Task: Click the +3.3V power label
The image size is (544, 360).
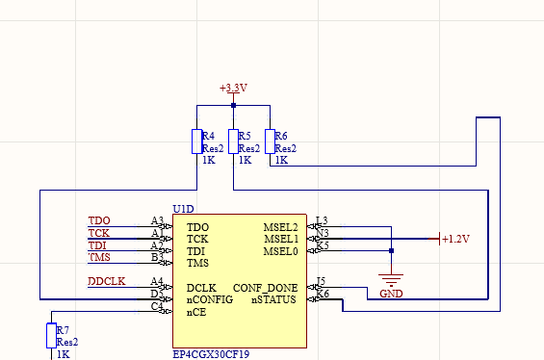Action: click(233, 88)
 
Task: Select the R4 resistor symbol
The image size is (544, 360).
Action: click(196, 141)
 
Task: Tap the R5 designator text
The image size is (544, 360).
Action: click(245, 136)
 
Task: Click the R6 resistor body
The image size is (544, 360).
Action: click(270, 141)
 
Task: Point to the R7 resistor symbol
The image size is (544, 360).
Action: click(51, 336)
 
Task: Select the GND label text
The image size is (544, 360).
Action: click(391, 293)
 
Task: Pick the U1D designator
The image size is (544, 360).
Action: click(183, 208)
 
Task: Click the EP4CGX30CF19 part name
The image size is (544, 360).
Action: click(212, 353)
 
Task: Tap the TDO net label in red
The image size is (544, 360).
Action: click(99, 220)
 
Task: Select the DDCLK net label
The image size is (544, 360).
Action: click(107, 281)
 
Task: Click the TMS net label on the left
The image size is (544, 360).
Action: click(99, 257)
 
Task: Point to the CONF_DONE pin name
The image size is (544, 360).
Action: click(265, 288)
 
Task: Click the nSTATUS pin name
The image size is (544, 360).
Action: click(274, 299)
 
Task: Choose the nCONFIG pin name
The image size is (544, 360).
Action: click(209, 299)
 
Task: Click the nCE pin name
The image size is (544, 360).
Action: click(195, 312)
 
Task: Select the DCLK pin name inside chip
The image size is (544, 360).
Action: click(201, 288)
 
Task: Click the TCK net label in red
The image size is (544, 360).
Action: click(99, 233)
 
